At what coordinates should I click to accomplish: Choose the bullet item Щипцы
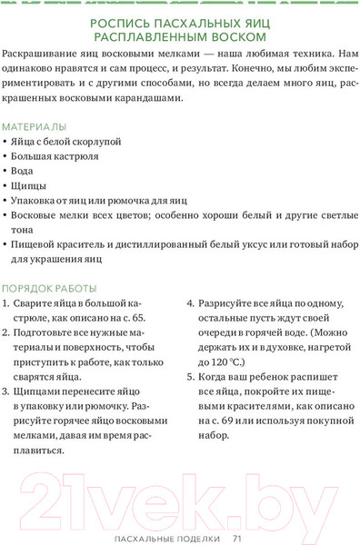(30, 184)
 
